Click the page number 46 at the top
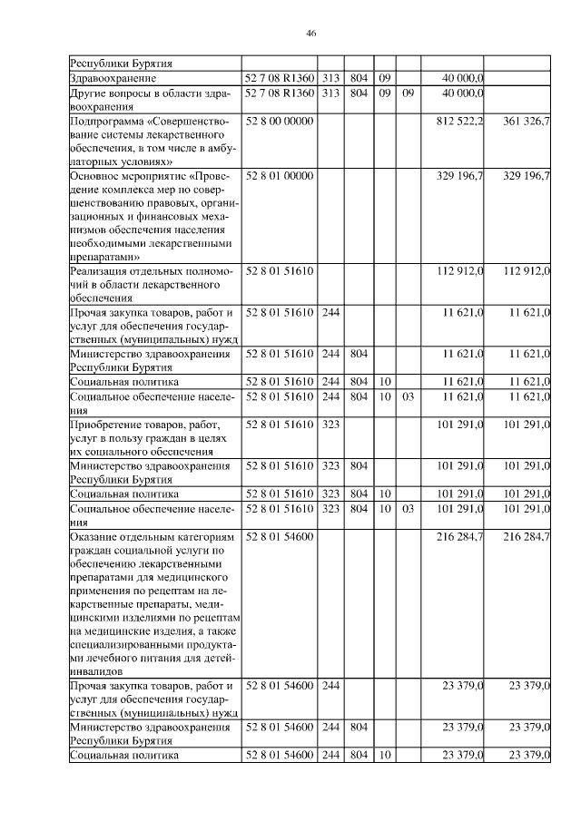pyautogui.click(x=310, y=33)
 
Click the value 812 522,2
pyautogui.click(x=459, y=121)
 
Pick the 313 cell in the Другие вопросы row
pyautogui.click(x=330, y=93)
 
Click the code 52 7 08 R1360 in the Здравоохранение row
pyautogui.click(x=281, y=79)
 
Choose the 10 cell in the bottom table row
pyautogui.click(x=385, y=755)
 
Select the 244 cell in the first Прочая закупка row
pyautogui.click(x=330, y=312)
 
